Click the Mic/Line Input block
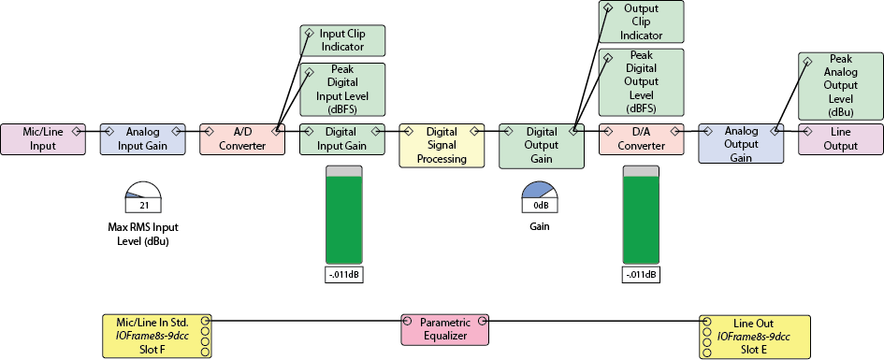click(43, 139)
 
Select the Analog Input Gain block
click(142, 139)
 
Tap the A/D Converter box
click(242, 139)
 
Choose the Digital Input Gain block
click(342, 139)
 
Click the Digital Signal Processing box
click(442, 146)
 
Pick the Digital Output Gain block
click(542, 146)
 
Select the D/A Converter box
click(641, 139)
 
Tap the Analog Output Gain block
click(741, 144)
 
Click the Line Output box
click(841, 139)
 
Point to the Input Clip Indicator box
click(342, 40)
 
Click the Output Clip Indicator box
click(641, 22)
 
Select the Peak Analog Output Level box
click(841, 86)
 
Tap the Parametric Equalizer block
click(445, 329)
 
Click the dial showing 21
click(143, 196)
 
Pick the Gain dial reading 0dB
click(540, 196)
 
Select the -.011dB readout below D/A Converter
click(641, 276)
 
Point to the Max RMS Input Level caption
click(143, 235)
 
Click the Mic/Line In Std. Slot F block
click(157, 337)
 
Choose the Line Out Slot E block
click(755, 337)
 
